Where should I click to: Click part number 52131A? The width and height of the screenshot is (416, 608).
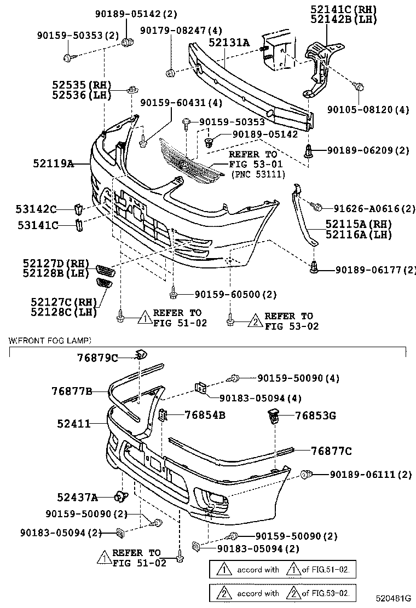point(228,42)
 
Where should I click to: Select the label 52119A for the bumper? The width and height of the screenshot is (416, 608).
point(53,163)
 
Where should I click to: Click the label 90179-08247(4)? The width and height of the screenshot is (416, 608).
point(181,30)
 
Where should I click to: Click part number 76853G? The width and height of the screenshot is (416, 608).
point(315,416)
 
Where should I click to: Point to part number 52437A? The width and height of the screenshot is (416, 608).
point(78,497)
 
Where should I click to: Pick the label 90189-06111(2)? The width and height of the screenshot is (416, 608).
point(371,475)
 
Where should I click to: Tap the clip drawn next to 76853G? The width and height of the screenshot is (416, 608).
point(273,416)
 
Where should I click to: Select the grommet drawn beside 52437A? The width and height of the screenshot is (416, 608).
point(120,496)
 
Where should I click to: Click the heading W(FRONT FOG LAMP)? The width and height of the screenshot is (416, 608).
point(50,340)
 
